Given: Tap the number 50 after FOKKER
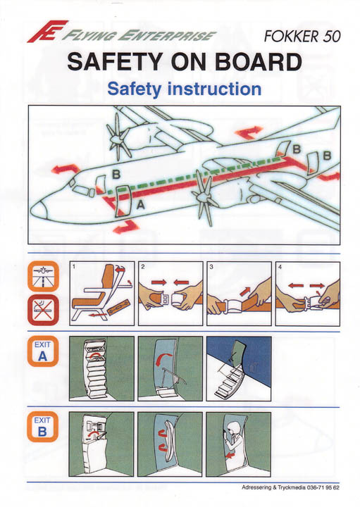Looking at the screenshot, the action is pyautogui.click(x=331, y=36).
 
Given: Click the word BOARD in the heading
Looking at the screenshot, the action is pyautogui.click(x=258, y=62).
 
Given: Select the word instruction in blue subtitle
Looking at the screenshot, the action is pyautogui.click(x=214, y=89).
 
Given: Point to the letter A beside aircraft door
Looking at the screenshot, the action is pyautogui.click(x=140, y=205).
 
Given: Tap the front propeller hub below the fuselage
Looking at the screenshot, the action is pyautogui.click(x=201, y=198).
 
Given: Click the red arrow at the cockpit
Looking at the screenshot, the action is pyautogui.click(x=65, y=170).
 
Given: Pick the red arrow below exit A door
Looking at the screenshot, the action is pyautogui.click(x=126, y=227).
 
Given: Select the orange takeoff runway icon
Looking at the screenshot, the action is pyautogui.click(x=43, y=277).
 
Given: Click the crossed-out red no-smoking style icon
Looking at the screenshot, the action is pyautogui.click(x=43, y=311).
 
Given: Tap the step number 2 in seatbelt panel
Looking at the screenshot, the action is pyautogui.click(x=143, y=267).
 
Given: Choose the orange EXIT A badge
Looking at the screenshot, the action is pyautogui.click(x=43, y=351).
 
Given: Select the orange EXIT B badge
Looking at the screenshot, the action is pyautogui.click(x=43, y=427).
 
